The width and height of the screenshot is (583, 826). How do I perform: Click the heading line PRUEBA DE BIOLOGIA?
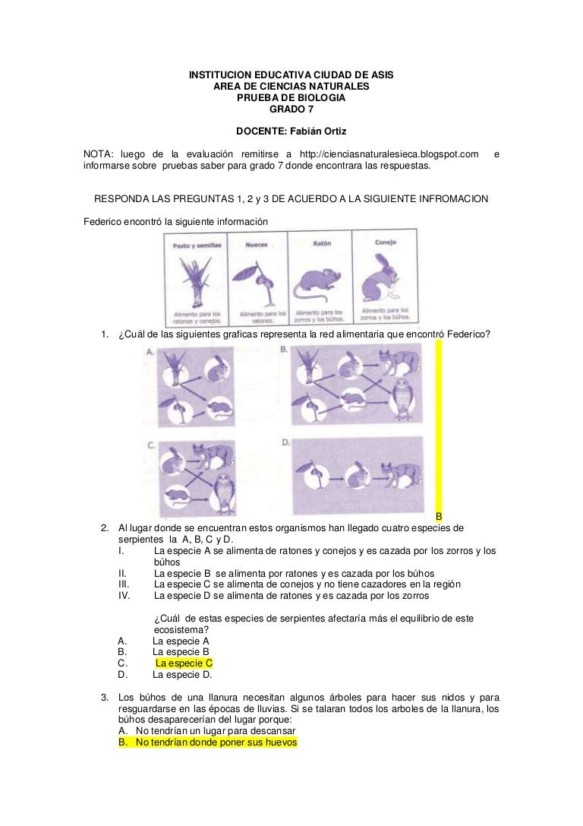click(x=291, y=98)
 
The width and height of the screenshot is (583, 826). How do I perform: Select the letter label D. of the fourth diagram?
click(x=285, y=442)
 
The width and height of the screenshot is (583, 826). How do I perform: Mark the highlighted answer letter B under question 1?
click(x=438, y=516)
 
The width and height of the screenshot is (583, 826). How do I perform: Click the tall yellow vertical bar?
click(x=438, y=426)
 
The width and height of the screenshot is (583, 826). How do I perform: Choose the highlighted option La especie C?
click(x=184, y=663)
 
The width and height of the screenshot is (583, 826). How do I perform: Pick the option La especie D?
click(x=182, y=674)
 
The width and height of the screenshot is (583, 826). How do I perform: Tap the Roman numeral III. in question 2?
click(x=126, y=584)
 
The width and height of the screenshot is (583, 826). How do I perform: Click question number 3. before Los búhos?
click(x=105, y=697)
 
